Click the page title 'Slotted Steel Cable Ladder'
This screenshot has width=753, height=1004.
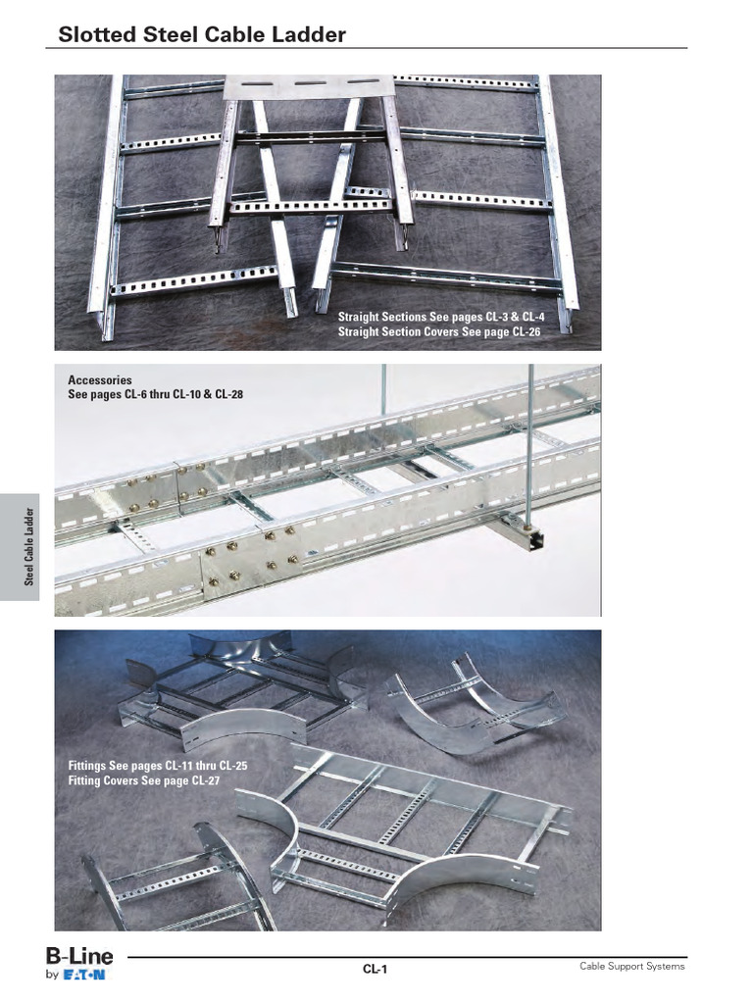(x=201, y=35)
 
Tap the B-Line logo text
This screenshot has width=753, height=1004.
(x=79, y=955)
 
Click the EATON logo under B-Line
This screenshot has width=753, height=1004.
(x=86, y=975)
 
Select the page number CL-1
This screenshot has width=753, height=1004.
(x=376, y=970)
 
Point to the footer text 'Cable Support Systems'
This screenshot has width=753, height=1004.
(x=631, y=967)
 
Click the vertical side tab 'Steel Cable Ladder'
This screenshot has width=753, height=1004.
(x=30, y=546)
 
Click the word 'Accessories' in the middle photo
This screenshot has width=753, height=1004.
(x=99, y=379)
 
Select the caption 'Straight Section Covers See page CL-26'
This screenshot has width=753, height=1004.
(x=439, y=332)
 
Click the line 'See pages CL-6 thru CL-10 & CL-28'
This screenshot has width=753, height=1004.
(x=155, y=394)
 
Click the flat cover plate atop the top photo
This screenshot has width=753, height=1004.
(x=310, y=86)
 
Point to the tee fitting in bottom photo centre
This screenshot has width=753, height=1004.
(x=412, y=824)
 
